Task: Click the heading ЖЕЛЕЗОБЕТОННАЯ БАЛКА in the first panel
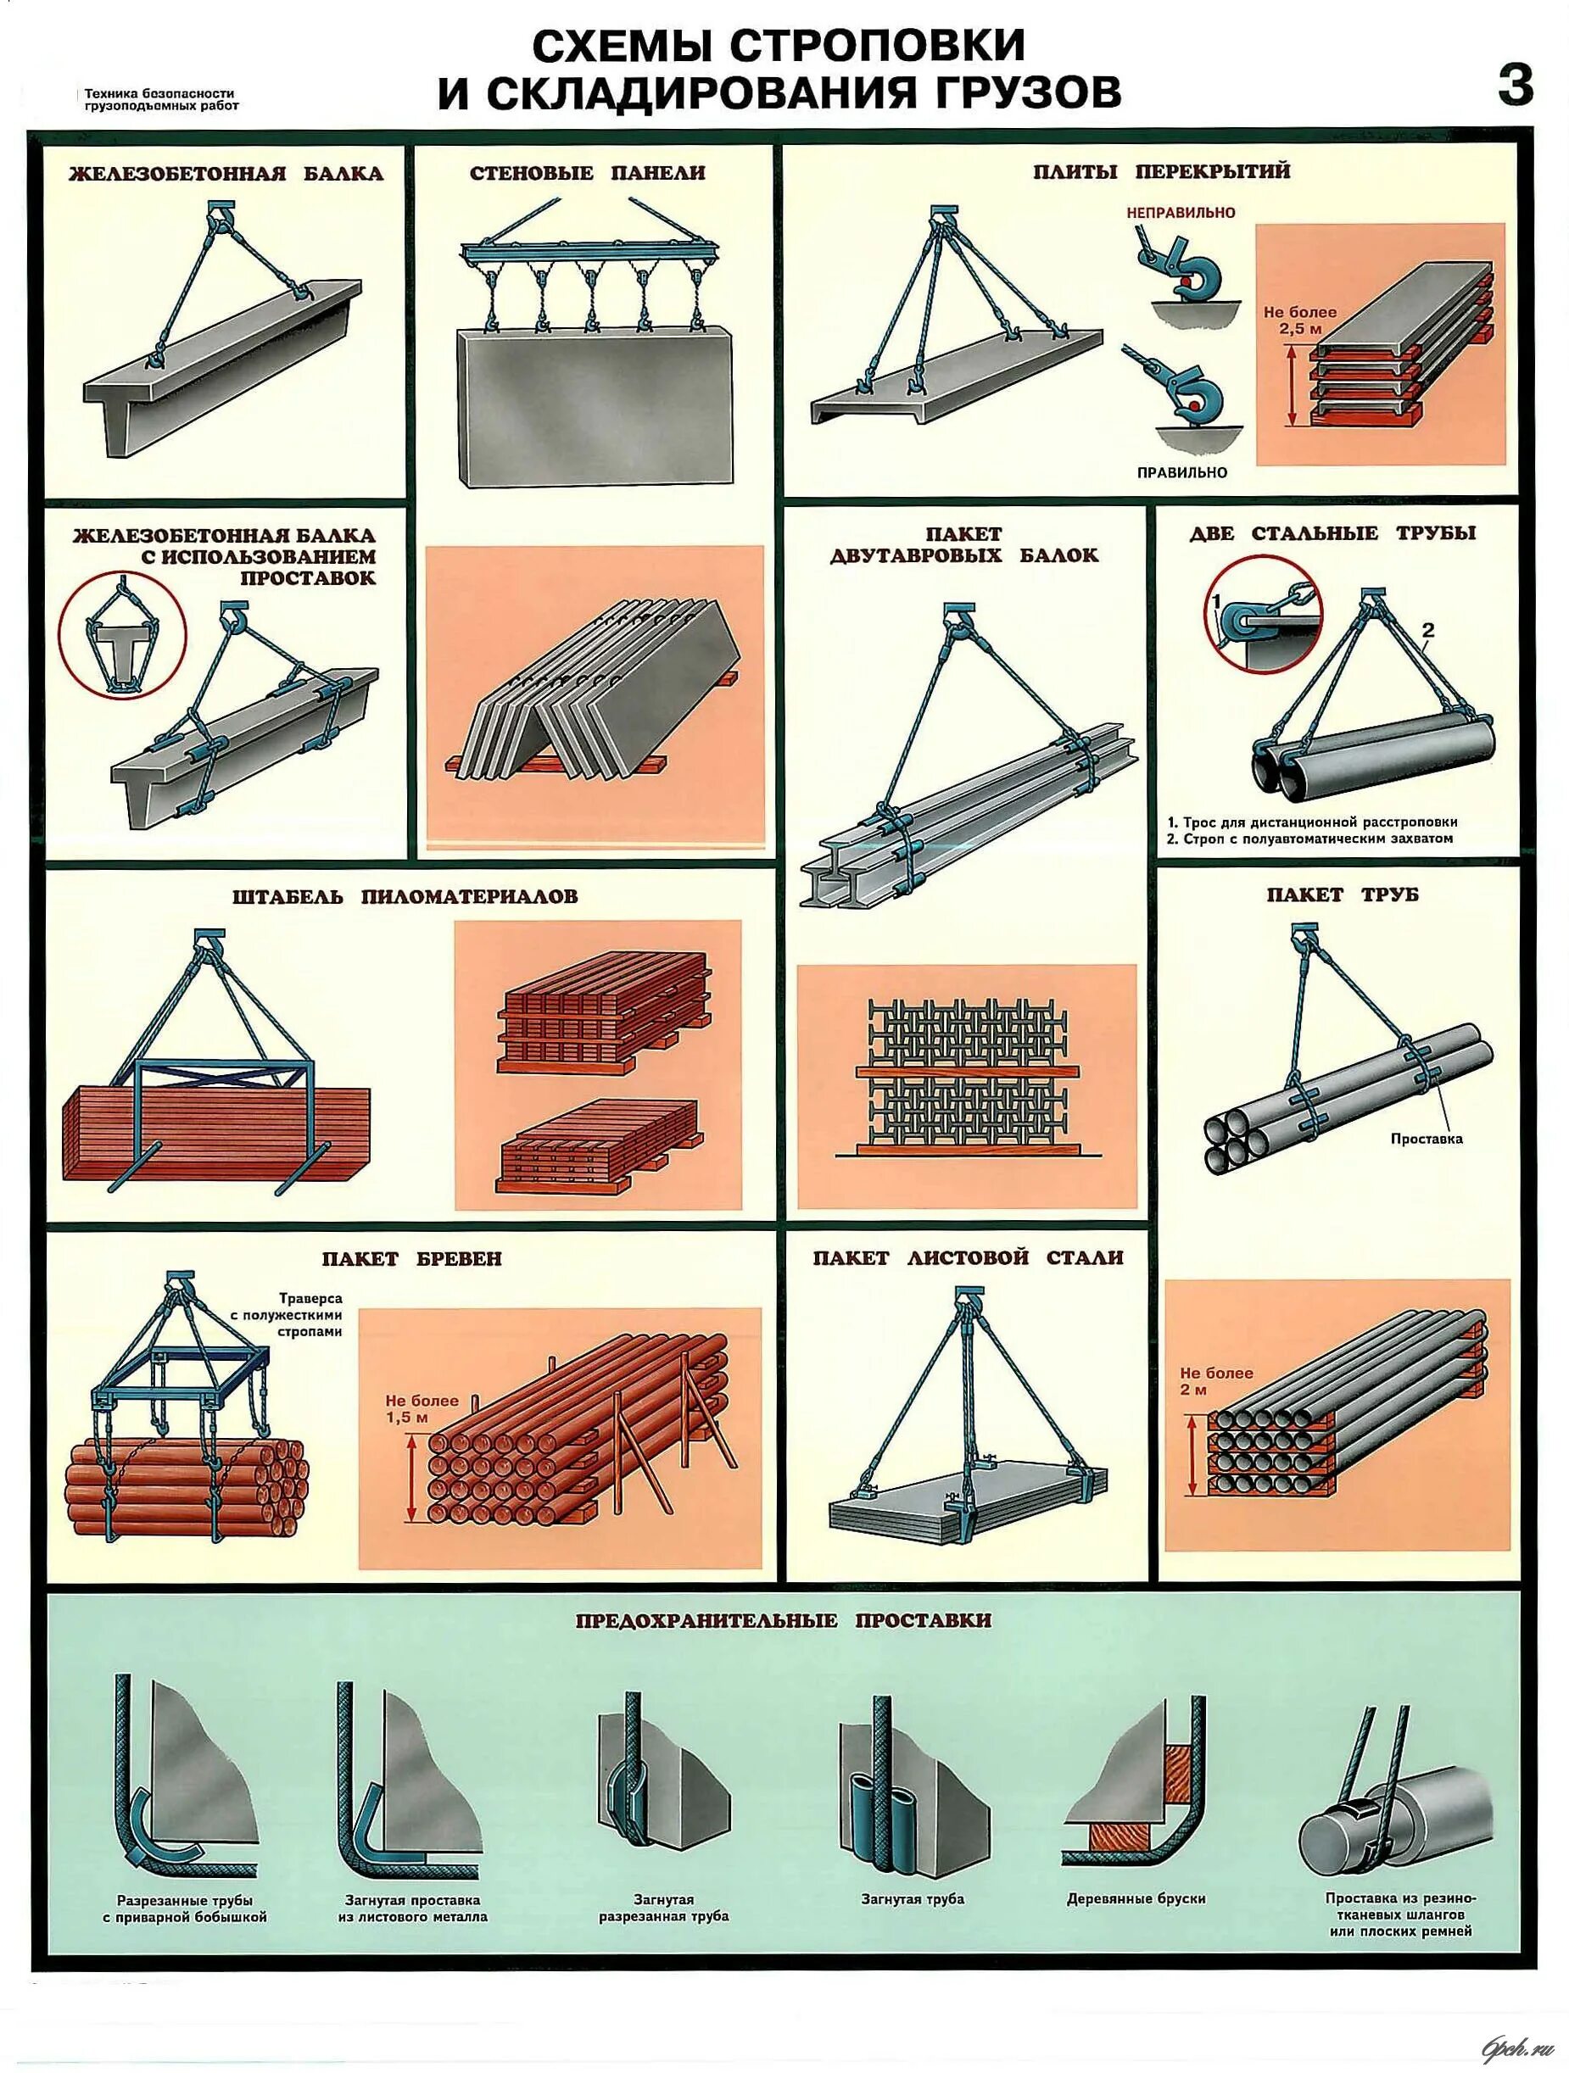[x=226, y=173]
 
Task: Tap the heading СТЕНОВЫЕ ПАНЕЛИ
[x=587, y=172]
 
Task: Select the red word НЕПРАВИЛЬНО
[x=1181, y=213]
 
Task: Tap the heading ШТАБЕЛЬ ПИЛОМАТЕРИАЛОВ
[x=405, y=897]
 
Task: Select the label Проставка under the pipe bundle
[x=1427, y=1140]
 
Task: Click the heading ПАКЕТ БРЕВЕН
[x=411, y=1258]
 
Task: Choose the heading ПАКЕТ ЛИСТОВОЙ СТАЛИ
[x=968, y=1257]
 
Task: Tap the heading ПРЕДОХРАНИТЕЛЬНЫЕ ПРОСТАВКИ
[x=783, y=1620]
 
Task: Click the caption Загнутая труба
[x=912, y=1898]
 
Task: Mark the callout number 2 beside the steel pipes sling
[x=1427, y=631]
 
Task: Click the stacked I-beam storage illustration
[x=966, y=1078]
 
